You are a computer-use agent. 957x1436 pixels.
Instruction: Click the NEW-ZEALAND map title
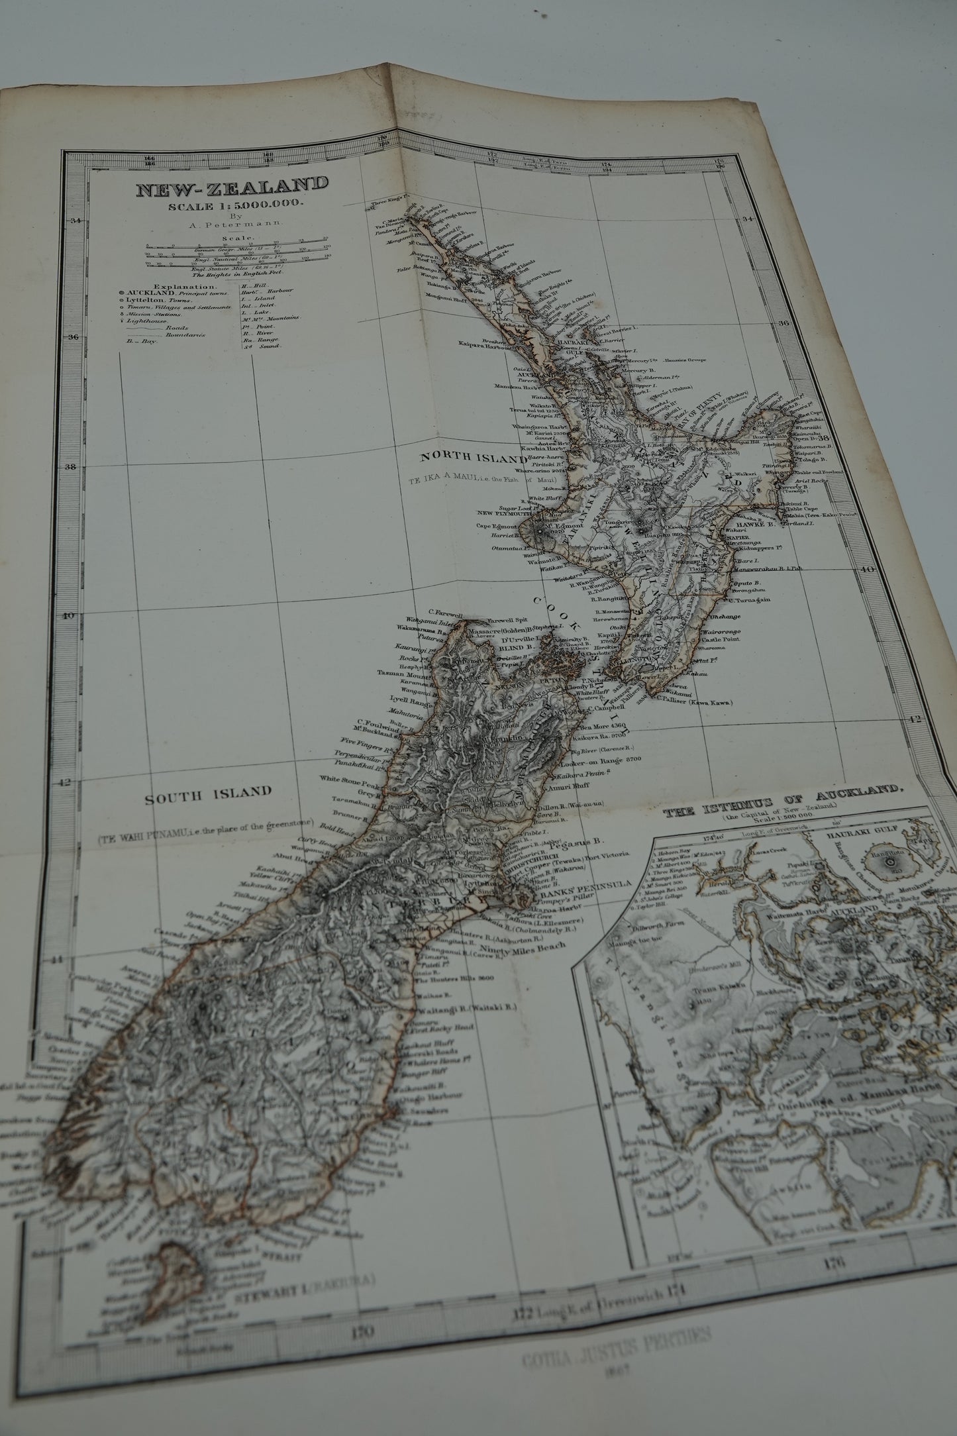232,189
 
